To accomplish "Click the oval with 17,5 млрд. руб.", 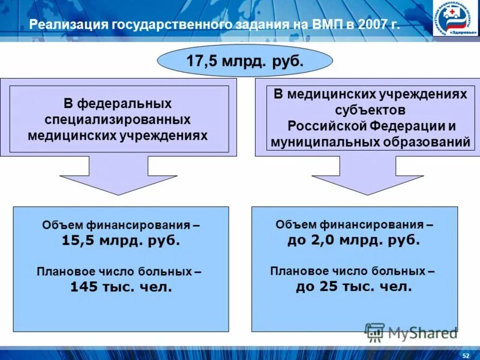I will tap(245, 61).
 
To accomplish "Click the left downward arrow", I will tap(118, 175).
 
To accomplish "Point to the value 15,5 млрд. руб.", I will tap(121, 241).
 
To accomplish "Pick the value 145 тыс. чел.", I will tap(121, 287).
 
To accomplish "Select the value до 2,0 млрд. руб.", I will tap(354, 240).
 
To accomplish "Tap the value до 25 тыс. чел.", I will tap(354, 286).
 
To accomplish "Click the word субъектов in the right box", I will tap(371, 110).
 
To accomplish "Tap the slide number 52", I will tap(466, 355).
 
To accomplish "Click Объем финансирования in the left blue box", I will tap(121, 226).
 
